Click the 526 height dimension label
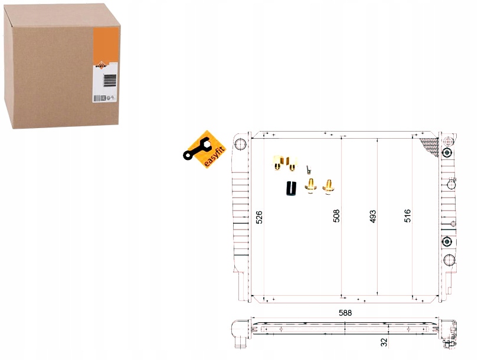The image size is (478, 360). point(258,217)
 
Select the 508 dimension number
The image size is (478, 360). point(337,217)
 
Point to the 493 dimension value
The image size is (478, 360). point(372,217)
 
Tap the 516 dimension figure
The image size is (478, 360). point(407,216)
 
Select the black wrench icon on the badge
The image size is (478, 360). point(194,150)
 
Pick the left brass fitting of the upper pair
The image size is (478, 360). point(276,161)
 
